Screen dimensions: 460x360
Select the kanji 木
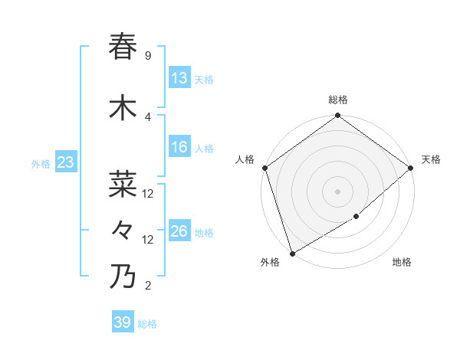[x=123, y=108]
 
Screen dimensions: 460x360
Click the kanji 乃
[x=123, y=277]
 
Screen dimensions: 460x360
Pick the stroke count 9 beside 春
[x=147, y=56]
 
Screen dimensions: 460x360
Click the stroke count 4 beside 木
[x=147, y=117]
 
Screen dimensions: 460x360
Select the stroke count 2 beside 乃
[x=147, y=286]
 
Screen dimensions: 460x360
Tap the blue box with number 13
[x=179, y=78]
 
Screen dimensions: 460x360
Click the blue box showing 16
[x=179, y=147]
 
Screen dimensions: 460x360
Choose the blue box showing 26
[x=179, y=231]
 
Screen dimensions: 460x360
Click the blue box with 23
[x=65, y=162]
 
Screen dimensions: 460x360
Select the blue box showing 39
[x=123, y=322]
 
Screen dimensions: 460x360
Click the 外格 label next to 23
[x=41, y=163]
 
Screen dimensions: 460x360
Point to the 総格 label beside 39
[x=147, y=324]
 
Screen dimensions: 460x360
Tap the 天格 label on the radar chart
[x=431, y=159]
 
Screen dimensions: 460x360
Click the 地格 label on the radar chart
[x=402, y=263]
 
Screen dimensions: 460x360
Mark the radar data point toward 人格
[x=264, y=168]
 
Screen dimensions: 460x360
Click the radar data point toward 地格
[x=356, y=217]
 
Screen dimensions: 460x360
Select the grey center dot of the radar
[x=337, y=191]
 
